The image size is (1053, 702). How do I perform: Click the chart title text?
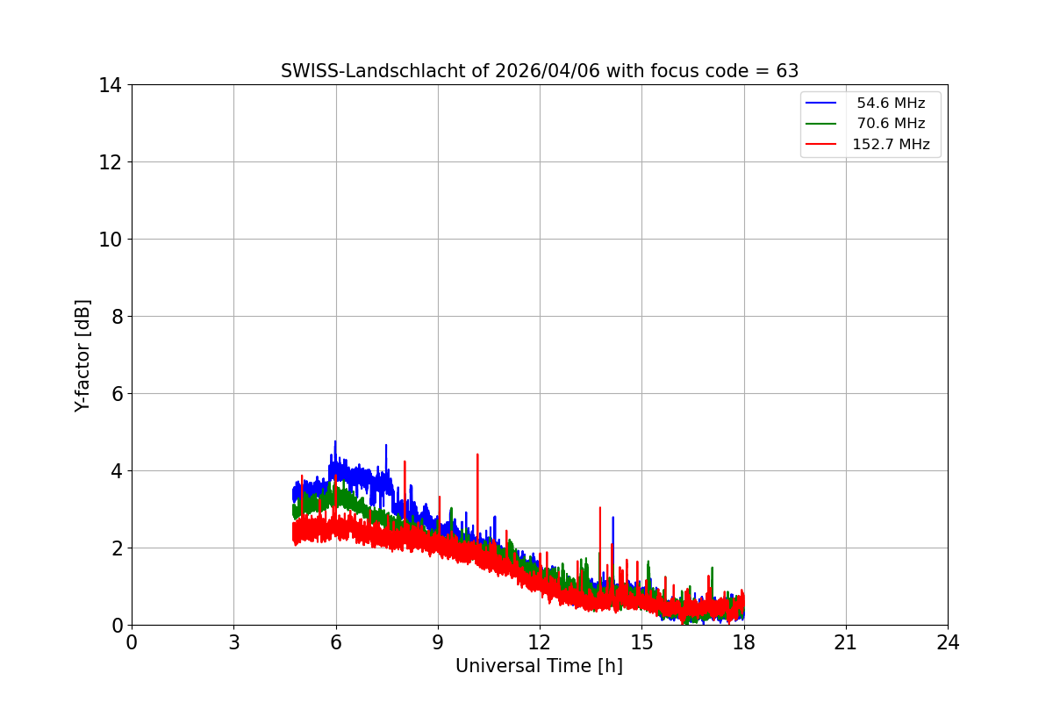539,71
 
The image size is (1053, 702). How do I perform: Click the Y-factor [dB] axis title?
82,355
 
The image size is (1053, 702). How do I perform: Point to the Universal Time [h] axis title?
539,666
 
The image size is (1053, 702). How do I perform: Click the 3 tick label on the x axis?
233,642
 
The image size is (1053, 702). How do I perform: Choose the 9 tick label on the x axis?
438,642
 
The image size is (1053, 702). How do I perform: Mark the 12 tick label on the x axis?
540,642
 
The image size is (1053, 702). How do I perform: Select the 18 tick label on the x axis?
744,642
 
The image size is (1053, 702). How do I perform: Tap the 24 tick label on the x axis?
948,642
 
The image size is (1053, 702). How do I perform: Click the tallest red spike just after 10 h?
477,455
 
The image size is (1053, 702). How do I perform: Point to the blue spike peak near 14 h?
612,518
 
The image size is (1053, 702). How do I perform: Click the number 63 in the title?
787,71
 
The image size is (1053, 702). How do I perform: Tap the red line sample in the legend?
823,145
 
